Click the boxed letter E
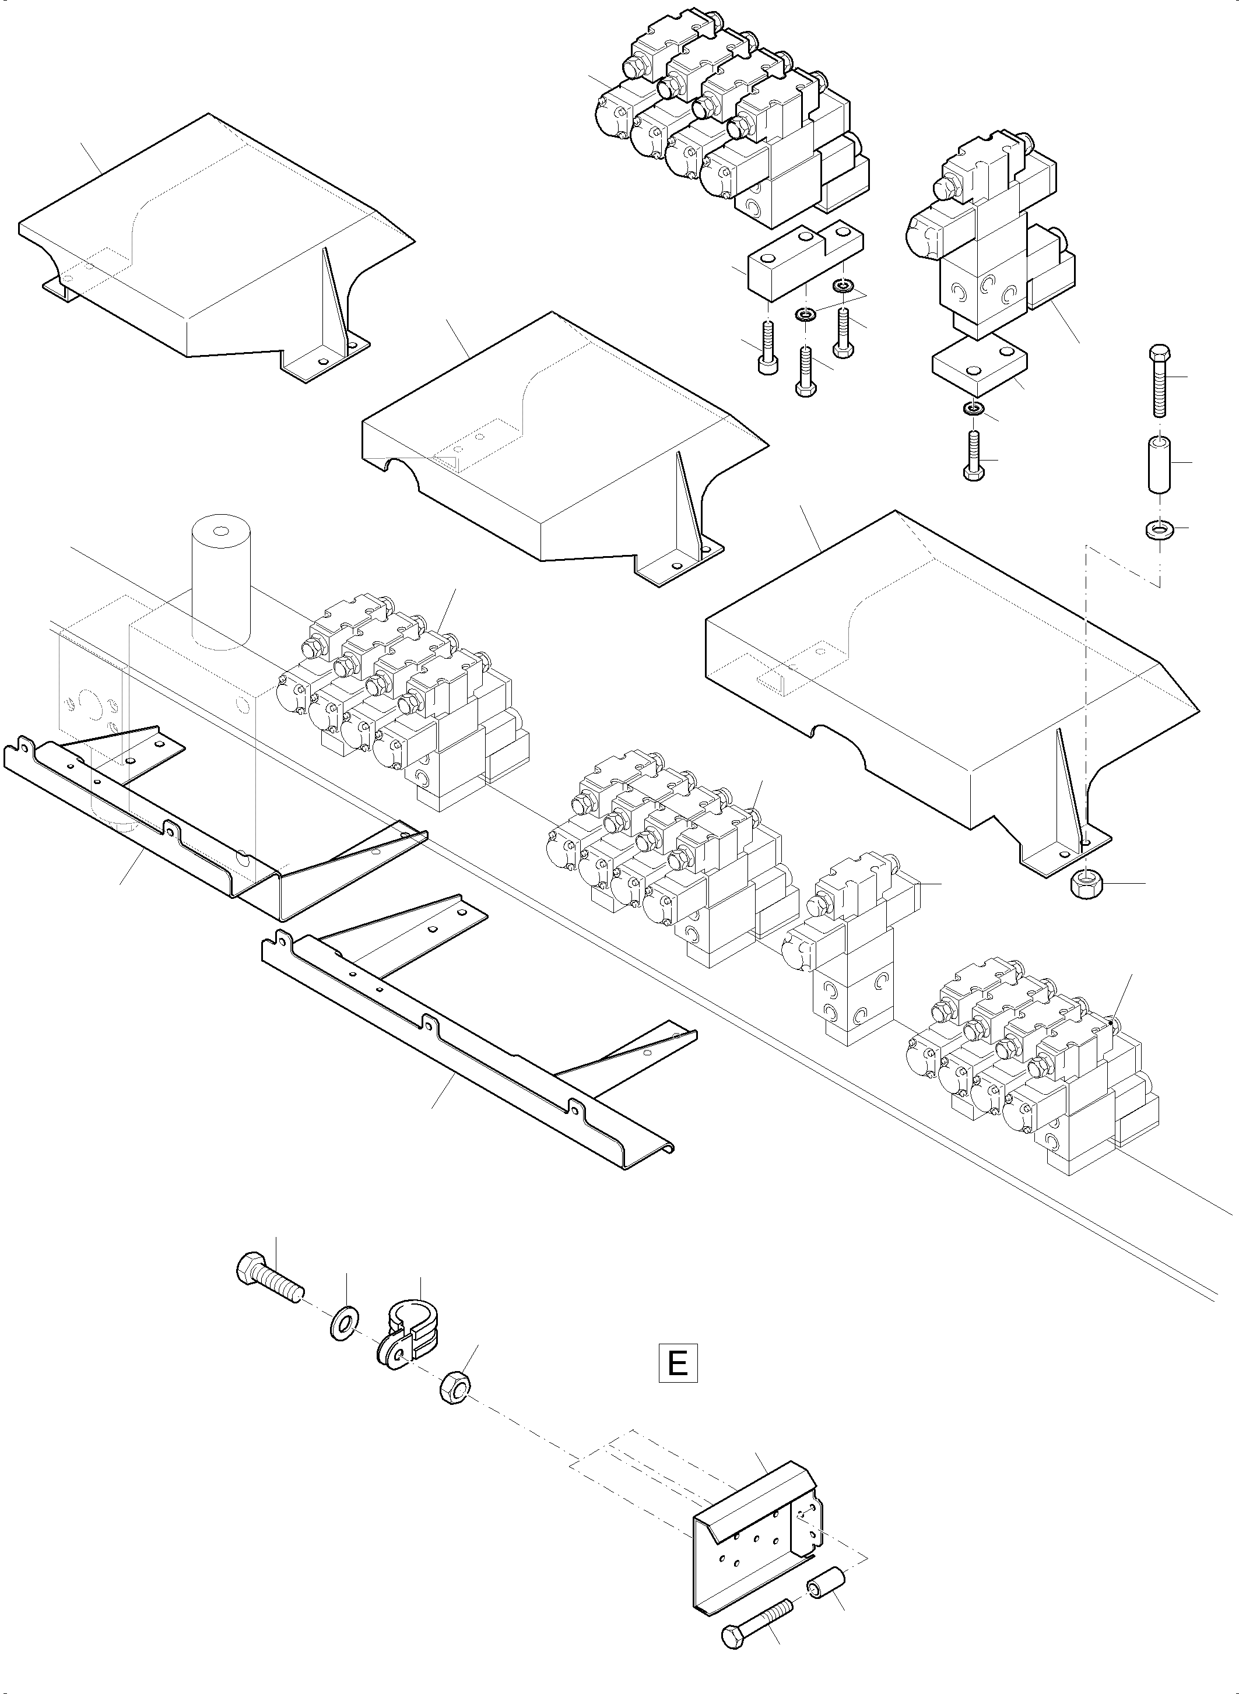[678, 1363]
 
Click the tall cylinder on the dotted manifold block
[220, 578]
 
